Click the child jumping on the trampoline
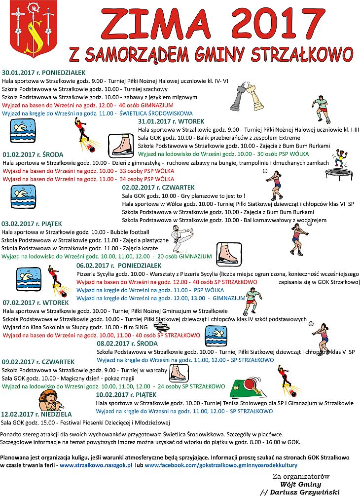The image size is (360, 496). (x=340, y=160)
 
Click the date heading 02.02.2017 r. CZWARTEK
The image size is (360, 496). (x=158, y=188)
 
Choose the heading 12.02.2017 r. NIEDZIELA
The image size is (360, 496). (x=36, y=414)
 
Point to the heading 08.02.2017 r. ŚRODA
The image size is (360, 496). (x=127, y=343)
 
